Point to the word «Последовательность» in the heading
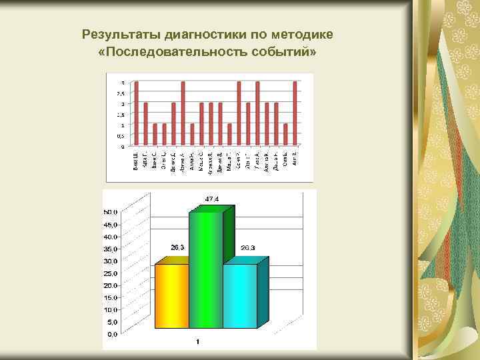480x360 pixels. (174, 51)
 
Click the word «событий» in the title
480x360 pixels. (282, 51)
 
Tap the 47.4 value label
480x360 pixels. (211, 199)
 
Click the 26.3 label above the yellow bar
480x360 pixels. (177, 247)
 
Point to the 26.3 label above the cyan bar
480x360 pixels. (247, 248)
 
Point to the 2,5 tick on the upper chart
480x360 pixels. (121, 93)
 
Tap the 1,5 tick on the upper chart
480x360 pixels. (121, 115)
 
